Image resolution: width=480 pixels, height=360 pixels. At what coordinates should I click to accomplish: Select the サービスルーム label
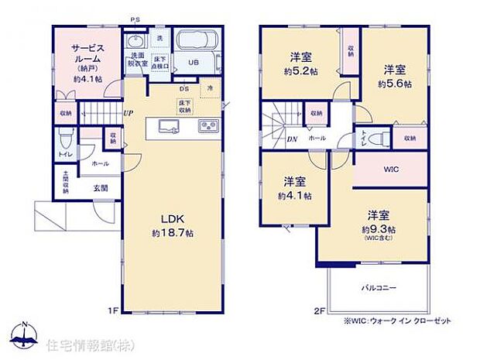click(87, 51)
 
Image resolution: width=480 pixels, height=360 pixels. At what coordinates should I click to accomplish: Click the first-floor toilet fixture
click(67, 142)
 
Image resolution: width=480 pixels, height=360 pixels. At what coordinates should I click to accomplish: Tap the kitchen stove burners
click(209, 126)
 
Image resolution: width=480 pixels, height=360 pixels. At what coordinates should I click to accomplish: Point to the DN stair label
click(270, 140)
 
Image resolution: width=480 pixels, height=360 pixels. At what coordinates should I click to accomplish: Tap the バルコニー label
click(379, 287)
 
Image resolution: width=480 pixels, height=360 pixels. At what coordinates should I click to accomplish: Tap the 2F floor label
click(317, 311)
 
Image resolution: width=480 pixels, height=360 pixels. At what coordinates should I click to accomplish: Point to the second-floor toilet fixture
click(378, 139)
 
